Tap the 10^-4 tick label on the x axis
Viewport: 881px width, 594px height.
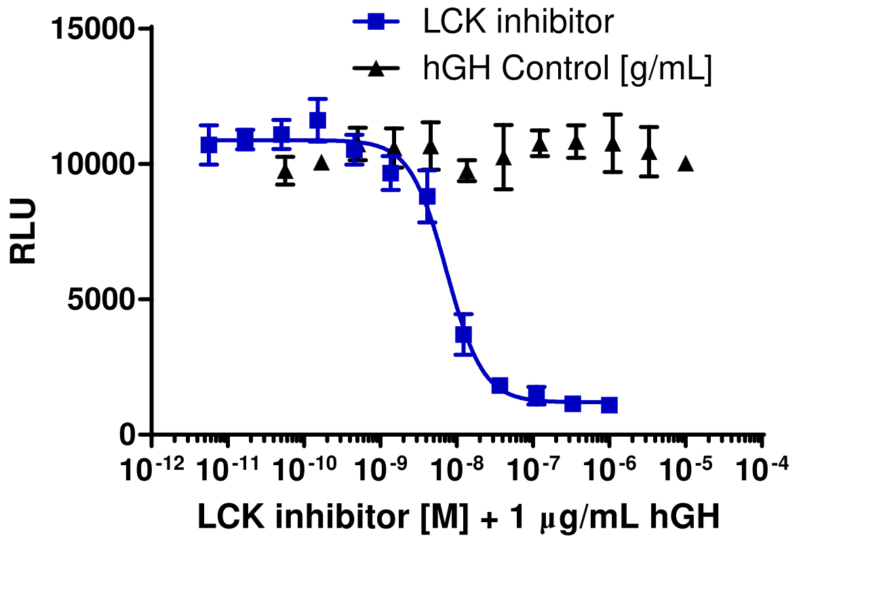(x=763, y=468)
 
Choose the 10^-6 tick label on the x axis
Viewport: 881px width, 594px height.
(x=610, y=468)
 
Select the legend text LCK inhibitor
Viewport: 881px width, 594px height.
(x=518, y=22)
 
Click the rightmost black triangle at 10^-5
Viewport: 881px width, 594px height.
(x=686, y=163)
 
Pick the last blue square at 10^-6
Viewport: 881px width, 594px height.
(x=609, y=405)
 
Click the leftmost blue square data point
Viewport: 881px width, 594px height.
(x=209, y=144)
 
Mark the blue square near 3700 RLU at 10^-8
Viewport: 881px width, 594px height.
(x=463, y=334)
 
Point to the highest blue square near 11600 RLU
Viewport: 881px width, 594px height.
(x=317, y=120)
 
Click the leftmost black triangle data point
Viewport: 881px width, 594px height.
(x=286, y=171)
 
